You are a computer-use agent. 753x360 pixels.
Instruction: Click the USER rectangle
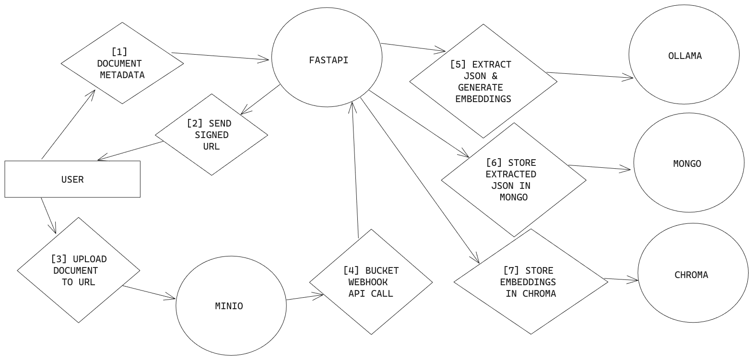(72, 179)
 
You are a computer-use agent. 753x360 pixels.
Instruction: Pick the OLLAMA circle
(684, 56)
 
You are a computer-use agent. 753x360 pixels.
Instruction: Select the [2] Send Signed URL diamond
(212, 135)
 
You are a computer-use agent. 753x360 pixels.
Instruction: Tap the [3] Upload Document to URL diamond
(79, 270)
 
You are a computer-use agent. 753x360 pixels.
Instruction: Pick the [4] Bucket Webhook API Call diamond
(371, 282)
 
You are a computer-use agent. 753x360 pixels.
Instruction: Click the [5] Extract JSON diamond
(483, 81)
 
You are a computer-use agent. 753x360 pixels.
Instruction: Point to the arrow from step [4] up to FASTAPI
(355, 168)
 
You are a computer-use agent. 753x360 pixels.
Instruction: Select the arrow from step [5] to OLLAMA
(590, 75)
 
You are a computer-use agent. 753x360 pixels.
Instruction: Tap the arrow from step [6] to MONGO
(600, 167)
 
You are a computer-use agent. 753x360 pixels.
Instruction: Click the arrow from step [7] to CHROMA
(621, 279)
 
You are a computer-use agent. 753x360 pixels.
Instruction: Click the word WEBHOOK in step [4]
(368, 282)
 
